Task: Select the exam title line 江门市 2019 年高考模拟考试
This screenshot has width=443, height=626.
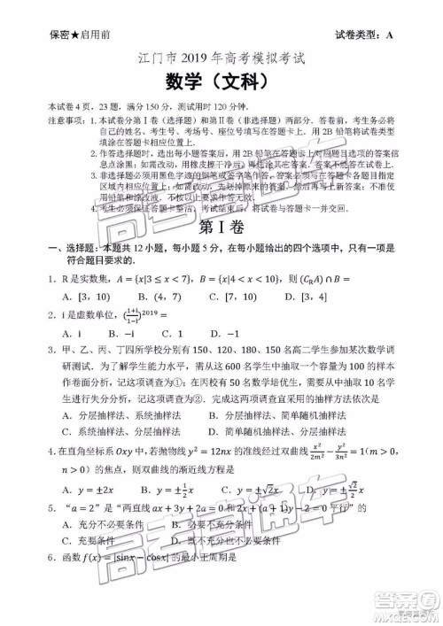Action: [221, 62]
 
